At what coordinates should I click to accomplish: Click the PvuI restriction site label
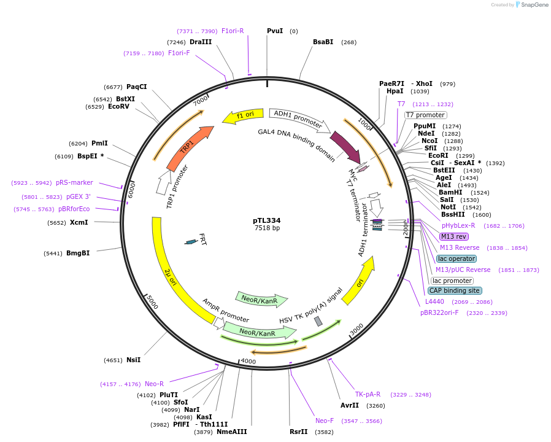pyautogui.click(x=275, y=31)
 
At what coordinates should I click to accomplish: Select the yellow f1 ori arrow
pyautogui.click(x=242, y=115)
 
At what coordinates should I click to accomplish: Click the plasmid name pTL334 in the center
pyautogui.click(x=267, y=220)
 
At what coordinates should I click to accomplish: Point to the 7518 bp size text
pyautogui.click(x=267, y=228)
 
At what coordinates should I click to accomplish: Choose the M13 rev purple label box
pyautogui.click(x=453, y=236)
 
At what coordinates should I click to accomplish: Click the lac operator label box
pyautogui.click(x=457, y=258)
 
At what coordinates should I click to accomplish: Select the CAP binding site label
pyautogui.click(x=455, y=290)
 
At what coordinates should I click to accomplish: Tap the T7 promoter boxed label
pyautogui.click(x=425, y=115)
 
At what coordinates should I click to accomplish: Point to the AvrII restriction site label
pyautogui.click(x=350, y=405)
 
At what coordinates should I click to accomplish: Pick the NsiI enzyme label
pyautogui.click(x=133, y=360)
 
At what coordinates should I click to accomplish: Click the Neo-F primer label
pyautogui.click(x=325, y=421)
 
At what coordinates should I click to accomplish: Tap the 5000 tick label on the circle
pyautogui.click(x=152, y=302)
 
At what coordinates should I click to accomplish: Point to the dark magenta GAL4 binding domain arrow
pyautogui.click(x=345, y=146)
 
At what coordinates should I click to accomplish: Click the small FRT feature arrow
pyautogui.click(x=191, y=242)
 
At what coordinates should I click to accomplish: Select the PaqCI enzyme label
pyautogui.click(x=137, y=87)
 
